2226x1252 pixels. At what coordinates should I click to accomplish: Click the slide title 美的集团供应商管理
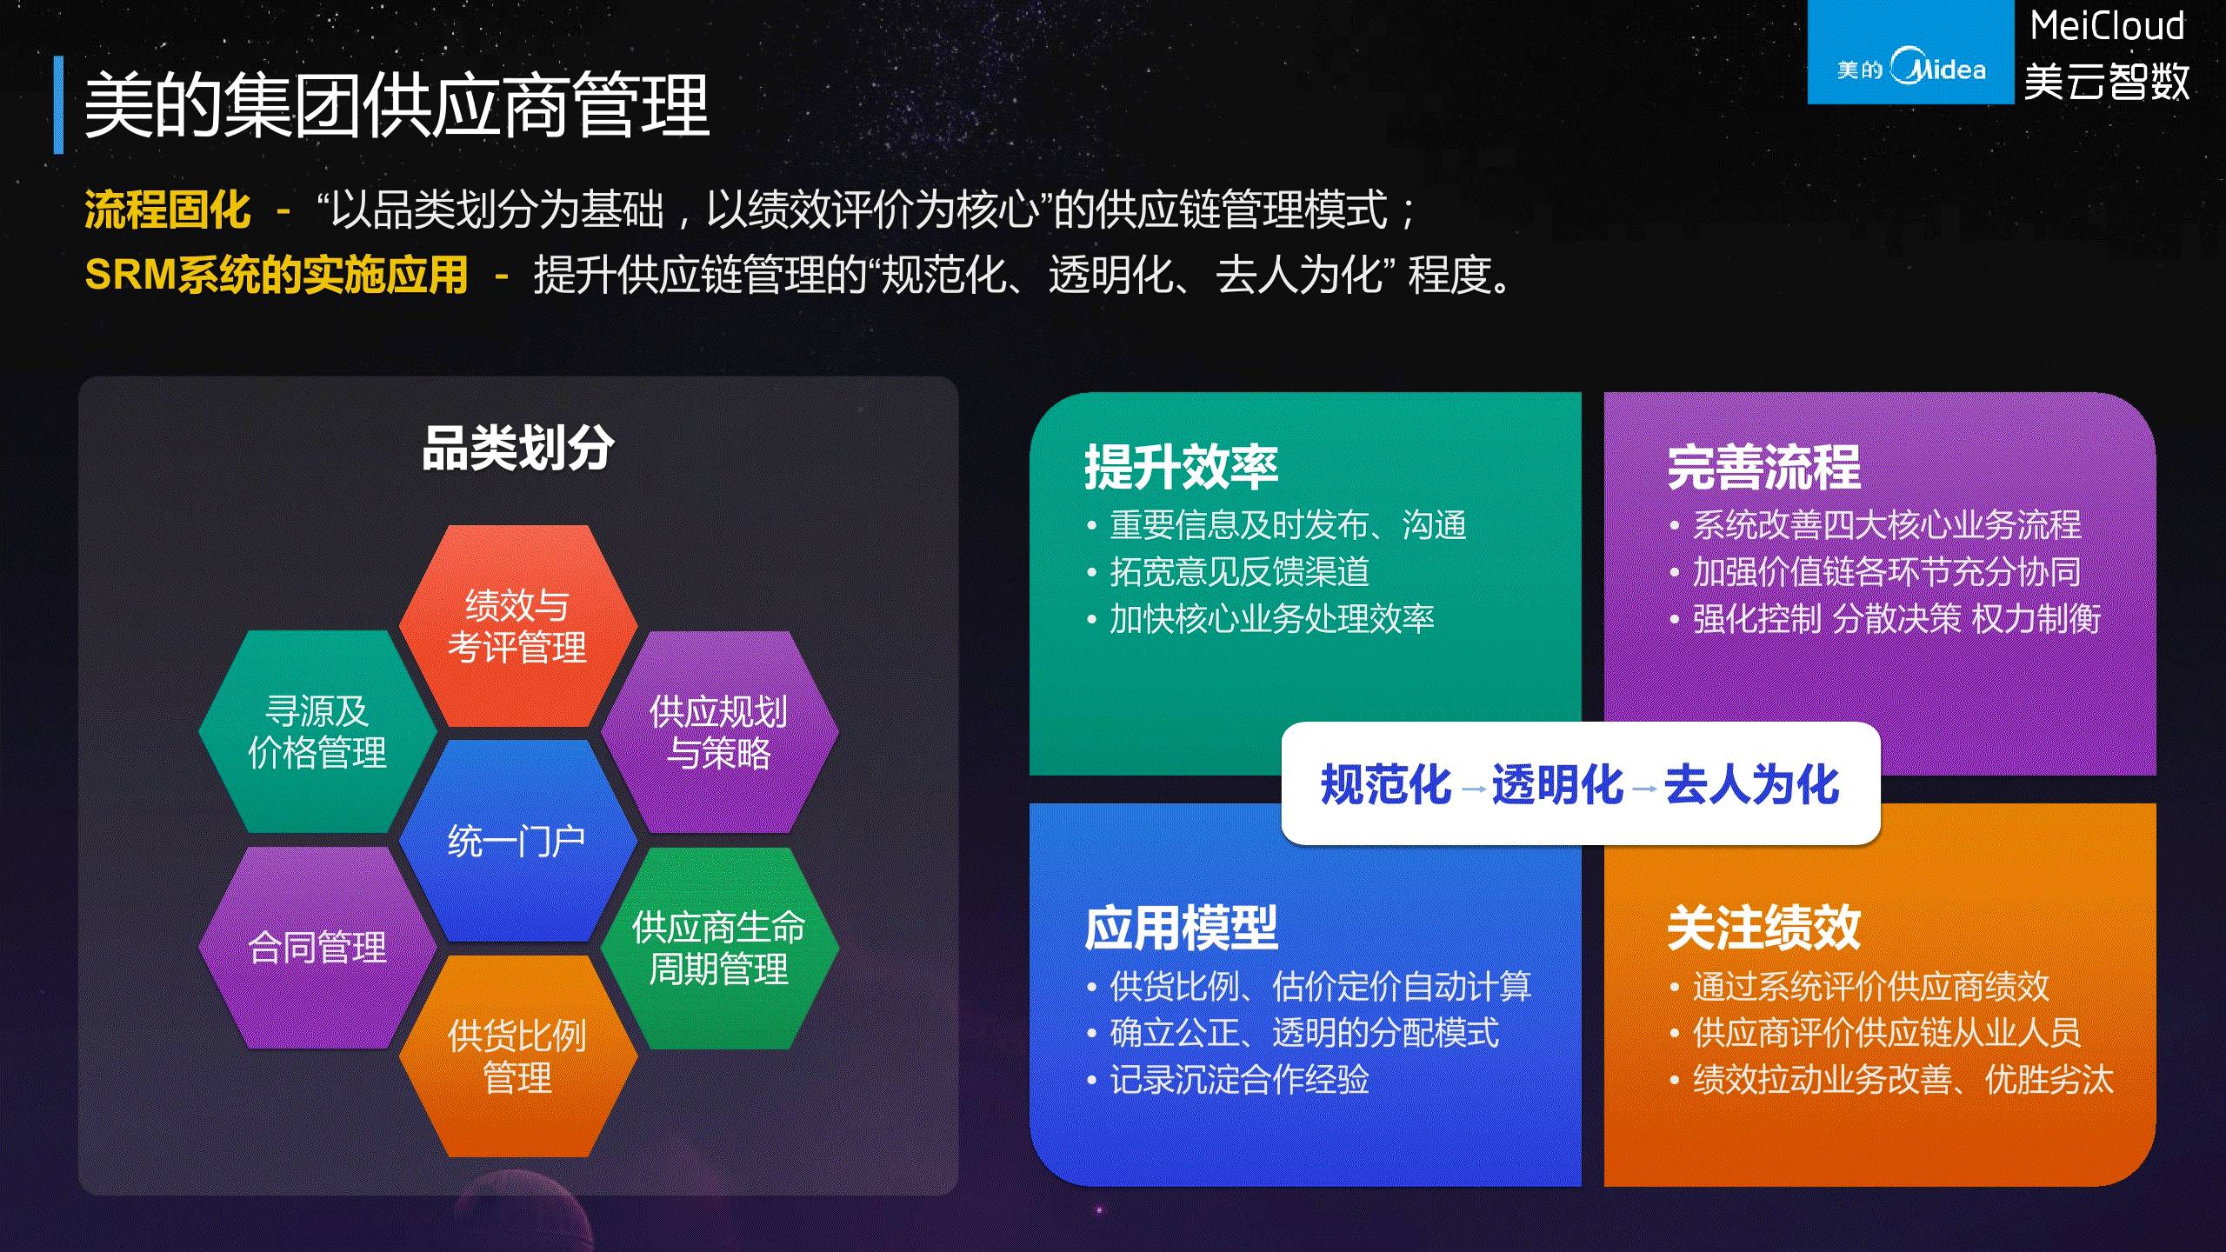tap(397, 106)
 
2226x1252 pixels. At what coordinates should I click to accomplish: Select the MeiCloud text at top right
tap(2106, 27)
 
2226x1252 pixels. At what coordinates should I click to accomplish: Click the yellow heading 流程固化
tap(167, 210)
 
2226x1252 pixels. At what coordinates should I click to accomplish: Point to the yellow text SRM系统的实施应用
tap(276, 275)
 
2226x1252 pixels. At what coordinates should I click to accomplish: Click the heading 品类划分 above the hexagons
tap(517, 449)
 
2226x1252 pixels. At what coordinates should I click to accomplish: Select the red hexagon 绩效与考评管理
tap(517, 626)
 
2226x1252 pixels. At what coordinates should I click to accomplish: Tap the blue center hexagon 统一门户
tap(517, 841)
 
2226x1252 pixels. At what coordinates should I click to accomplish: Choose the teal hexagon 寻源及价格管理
tap(317, 732)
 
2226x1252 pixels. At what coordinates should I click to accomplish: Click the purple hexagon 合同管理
tap(317, 947)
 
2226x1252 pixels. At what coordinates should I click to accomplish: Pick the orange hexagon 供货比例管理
tap(517, 1056)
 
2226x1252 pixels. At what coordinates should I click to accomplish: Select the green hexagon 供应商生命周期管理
tap(718, 948)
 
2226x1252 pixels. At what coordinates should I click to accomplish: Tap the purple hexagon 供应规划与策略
tap(718, 732)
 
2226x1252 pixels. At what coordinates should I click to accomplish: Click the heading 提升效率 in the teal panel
tap(1181, 468)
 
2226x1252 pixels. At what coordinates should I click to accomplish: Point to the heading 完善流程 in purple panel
tap(1763, 468)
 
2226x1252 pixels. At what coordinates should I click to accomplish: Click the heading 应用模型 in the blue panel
tap(1181, 928)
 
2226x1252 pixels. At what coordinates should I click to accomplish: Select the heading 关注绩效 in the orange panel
tap(1763, 928)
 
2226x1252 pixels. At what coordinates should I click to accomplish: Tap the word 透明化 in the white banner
tap(1556, 784)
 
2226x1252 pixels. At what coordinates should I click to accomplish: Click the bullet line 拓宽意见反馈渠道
tap(1239, 572)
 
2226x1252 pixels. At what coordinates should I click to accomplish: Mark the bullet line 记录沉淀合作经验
tap(1239, 1080)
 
